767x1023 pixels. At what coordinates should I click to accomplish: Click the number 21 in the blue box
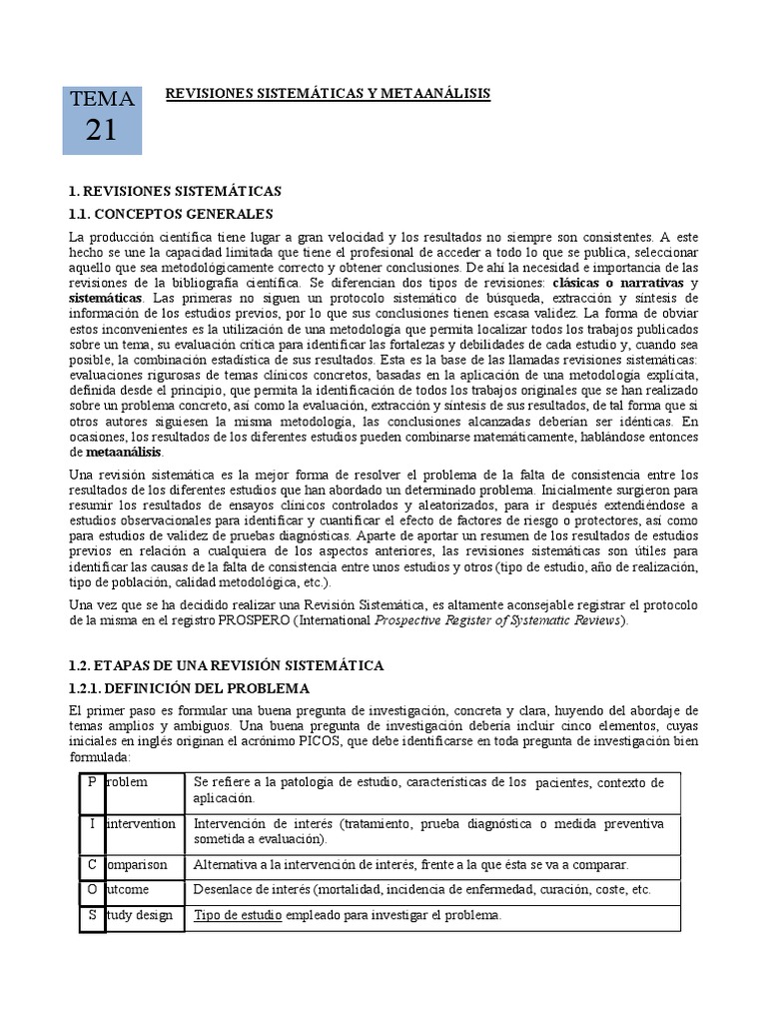tap(101, 129)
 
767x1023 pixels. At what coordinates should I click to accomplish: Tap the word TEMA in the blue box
tap(101, 99)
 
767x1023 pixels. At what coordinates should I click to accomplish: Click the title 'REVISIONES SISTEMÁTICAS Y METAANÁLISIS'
tap(328, 93)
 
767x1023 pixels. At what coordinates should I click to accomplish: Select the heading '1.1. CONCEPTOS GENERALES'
tap(170, 213)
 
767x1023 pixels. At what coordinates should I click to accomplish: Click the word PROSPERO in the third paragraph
tap(263, 620)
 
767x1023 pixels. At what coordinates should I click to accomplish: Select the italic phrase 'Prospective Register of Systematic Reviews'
tap(498, 620)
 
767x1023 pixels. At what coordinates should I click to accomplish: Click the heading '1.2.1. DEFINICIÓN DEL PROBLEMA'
tap(189, 688)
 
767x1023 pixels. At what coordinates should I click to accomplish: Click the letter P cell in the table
tap(92, 782)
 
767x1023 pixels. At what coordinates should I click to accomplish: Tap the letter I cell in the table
tap(92, 824)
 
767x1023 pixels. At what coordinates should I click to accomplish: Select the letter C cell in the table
tap(92, 864)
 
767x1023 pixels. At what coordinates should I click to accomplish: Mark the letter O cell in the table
tap(92, 889)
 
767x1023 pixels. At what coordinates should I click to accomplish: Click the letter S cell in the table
tap(92, 915)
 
